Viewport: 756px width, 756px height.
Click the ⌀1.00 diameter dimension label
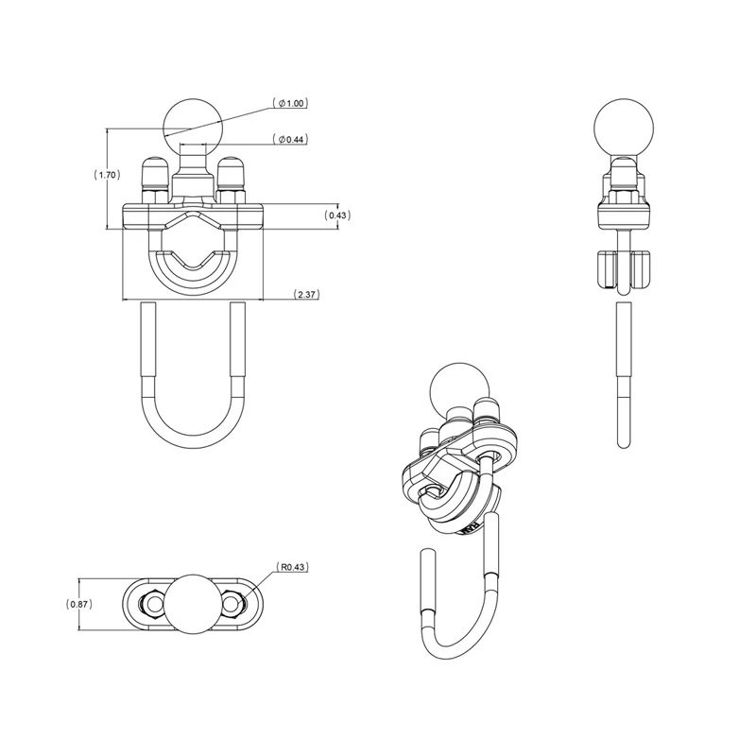292,102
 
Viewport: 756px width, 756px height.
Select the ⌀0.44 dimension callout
292,140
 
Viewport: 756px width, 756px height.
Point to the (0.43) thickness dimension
337,215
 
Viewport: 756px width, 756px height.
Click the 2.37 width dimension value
306,294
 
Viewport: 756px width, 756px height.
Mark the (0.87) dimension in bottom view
78,603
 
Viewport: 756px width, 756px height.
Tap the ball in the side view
620,125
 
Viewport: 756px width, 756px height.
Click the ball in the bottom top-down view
193,603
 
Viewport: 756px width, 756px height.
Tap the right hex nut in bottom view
233,603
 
